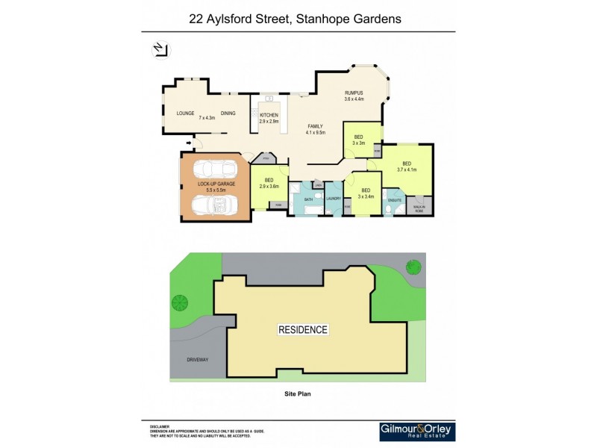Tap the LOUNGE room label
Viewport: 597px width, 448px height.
185,113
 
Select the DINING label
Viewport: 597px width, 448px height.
228,113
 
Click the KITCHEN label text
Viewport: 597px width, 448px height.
269,115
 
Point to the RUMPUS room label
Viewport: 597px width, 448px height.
354,93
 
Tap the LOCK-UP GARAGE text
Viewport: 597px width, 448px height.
216,184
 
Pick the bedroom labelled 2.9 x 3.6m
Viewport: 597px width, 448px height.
269,182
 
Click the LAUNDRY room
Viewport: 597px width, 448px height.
333,199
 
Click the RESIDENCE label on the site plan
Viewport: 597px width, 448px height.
303,329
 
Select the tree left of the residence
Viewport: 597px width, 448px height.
179,302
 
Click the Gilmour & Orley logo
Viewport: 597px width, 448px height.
417,432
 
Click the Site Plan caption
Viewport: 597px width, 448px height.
297,393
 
